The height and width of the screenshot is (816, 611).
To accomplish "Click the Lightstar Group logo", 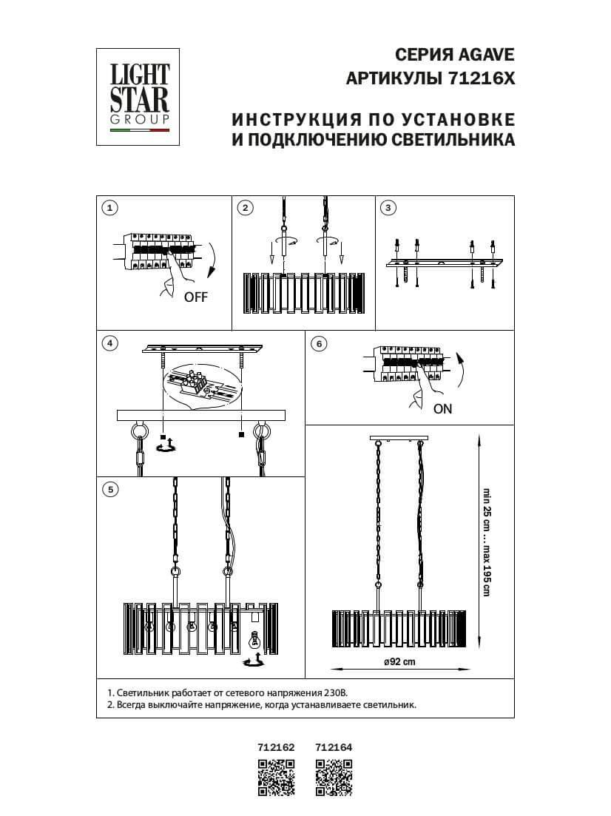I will [x=140, y=96].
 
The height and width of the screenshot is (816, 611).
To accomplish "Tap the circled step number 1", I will [x=109, y=208].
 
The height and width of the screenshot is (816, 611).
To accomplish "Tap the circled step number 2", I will [x=246, y=208].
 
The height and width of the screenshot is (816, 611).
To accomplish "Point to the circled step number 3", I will [x=388, y=208].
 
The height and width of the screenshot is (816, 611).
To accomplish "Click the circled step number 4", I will [x=109, y=343].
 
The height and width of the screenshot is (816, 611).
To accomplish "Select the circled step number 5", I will [x=109, y=489].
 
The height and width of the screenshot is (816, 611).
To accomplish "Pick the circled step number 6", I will [x=319, y=343].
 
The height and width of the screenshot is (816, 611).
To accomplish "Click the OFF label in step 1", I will [x=196, y=298].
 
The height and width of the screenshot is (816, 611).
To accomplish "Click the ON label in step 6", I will [x=442, y=408].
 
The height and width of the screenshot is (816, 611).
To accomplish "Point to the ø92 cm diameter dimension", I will [x=399, y=662].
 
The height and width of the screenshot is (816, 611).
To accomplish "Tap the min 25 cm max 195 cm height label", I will [x=486, y=542].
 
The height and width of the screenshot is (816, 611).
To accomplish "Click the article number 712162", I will [x=276, y=748].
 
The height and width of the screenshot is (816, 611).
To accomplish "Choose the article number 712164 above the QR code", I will [x=334, y=748].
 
